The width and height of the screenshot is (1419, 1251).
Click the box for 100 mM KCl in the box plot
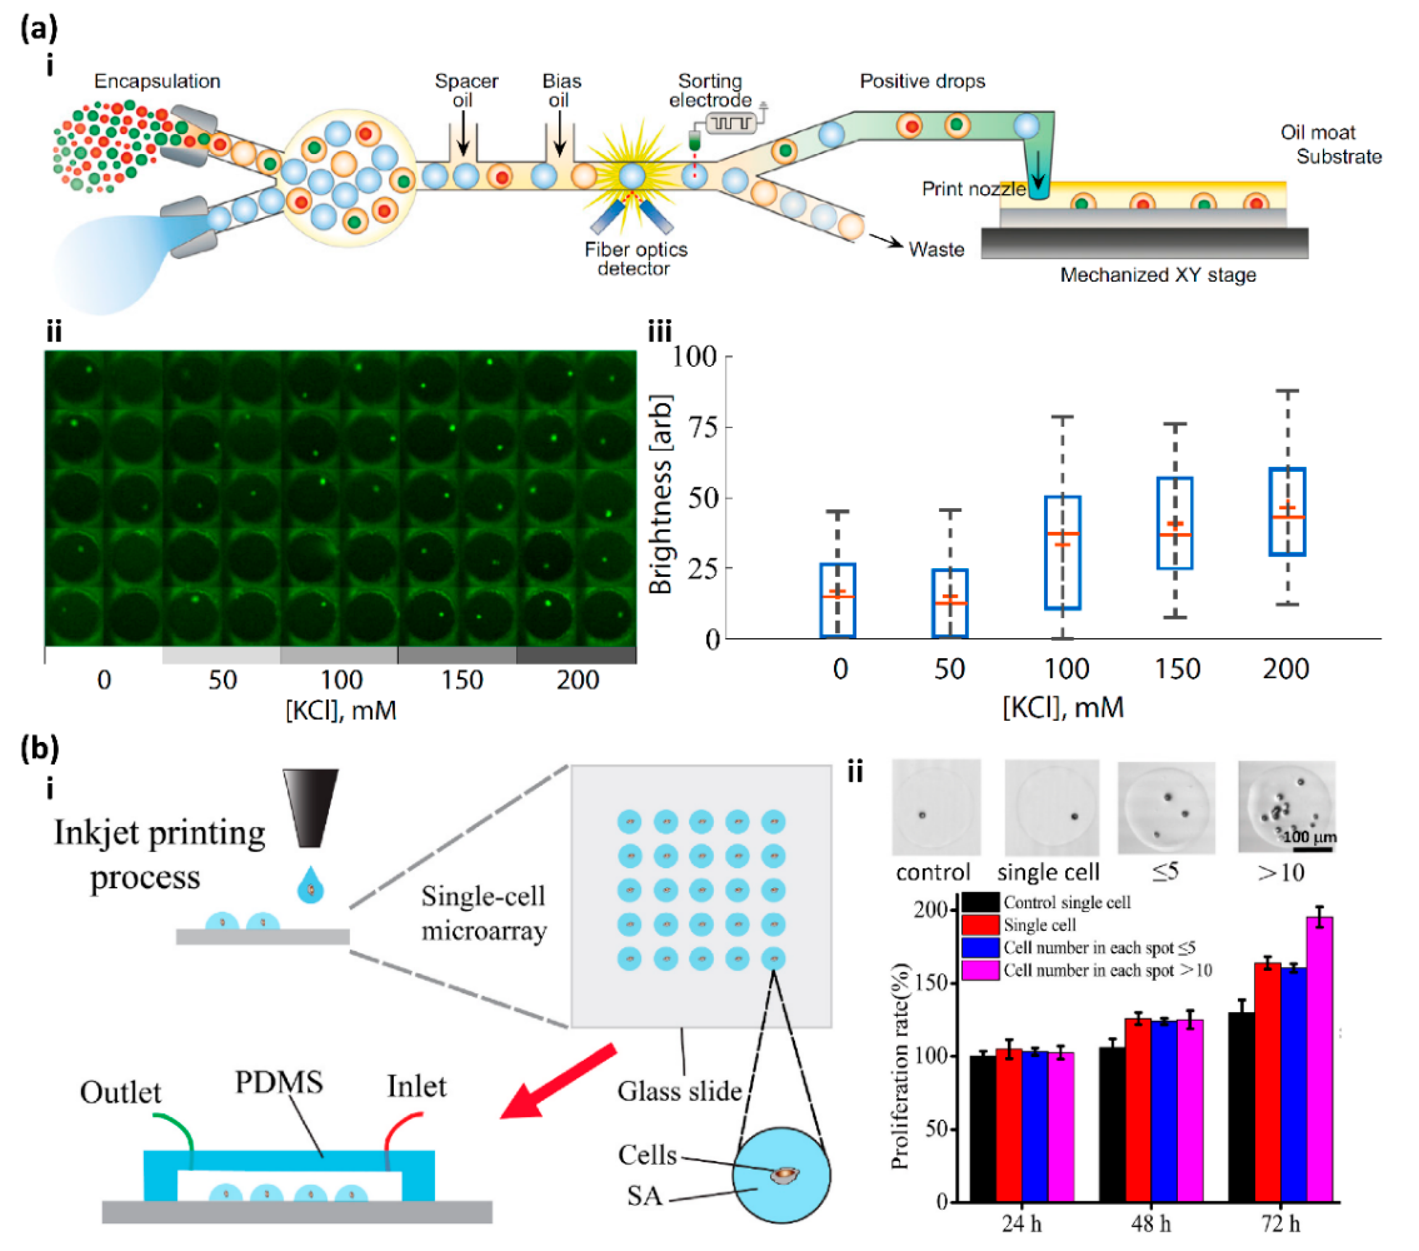[1062, 553]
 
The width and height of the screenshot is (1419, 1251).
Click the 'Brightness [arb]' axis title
[660, 494]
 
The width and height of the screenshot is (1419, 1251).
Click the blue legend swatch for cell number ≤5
[980, 947]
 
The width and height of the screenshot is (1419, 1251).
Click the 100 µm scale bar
[1312, 849]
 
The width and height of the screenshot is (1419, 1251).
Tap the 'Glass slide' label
[679, 1091]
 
